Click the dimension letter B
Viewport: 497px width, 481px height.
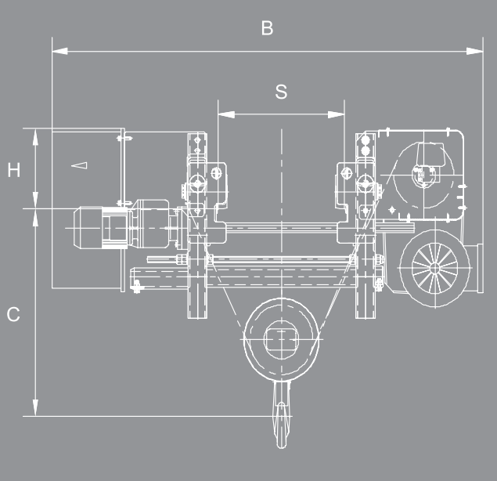[x=267, y=28]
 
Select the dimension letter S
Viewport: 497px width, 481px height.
[x=281, y=92]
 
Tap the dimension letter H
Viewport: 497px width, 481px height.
[x=14, y=170]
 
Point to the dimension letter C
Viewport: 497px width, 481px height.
[x=13, y=314]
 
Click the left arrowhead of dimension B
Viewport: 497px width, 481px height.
[x=60, y=51]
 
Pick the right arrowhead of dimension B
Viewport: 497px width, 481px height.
[x=475, y=51]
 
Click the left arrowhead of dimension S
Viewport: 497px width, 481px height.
[x=226, y=114]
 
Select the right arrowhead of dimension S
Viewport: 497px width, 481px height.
[x=337, y=114]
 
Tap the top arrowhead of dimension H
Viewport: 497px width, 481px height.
[x=35, y=137]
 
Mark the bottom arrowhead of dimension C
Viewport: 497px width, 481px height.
[x=35, y=407]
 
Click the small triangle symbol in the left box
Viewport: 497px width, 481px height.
[x=79, y=165]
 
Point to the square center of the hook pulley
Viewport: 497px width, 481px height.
[x=281, y=339]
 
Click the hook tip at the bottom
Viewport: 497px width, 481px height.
[x=282, y=444]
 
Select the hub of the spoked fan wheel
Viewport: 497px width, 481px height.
[x=435, y=269]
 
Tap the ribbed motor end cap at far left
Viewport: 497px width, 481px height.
[x=88, y=227]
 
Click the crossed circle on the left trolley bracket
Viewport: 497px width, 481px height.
[x=216, y=173]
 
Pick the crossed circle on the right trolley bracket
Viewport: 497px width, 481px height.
[x=346, y=173]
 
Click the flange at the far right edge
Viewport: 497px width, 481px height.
[x=481, y=269]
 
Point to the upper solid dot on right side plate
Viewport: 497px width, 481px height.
[x=366, y=140]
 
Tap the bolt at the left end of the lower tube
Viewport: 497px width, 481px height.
[x=137, y=287]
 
